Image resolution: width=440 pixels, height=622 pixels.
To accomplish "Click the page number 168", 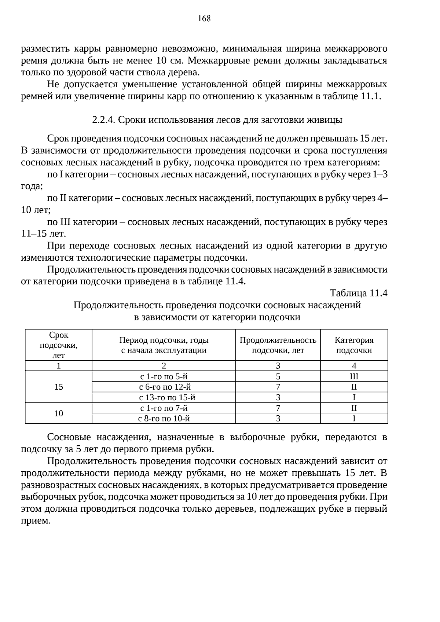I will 204,18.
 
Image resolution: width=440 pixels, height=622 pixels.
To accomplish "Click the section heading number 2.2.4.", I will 104,120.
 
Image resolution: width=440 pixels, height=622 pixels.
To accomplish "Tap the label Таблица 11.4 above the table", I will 359,293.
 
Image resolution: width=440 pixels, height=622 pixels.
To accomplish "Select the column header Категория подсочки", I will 354,345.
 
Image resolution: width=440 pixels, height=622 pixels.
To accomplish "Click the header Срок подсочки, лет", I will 59,345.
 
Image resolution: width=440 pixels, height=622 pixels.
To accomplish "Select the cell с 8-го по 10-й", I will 164,419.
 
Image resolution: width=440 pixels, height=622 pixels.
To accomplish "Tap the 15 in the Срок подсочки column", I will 59,387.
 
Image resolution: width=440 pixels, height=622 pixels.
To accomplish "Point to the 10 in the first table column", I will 59,413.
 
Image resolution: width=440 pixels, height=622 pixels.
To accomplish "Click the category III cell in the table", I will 354,376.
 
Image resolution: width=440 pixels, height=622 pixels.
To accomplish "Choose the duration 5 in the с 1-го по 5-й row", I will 278,376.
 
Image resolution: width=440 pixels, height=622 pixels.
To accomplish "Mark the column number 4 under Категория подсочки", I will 354,366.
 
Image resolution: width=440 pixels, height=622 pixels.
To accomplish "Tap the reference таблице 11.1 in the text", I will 352,96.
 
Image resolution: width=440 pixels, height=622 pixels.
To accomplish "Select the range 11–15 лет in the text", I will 43,234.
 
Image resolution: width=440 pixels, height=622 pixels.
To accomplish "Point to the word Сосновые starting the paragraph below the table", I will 69,437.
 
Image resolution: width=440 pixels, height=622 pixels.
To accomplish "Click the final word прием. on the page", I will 36,521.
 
